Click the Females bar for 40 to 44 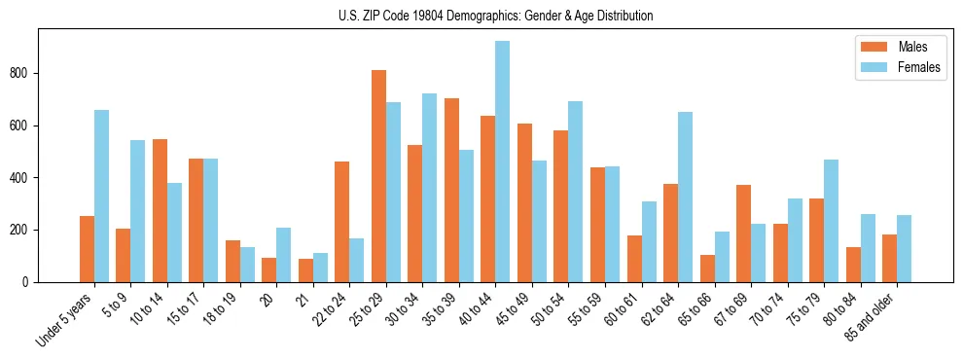click(503, 162)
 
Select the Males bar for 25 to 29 click(378, 176)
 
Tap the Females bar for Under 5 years click(101, 196)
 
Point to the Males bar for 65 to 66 click(707, 269)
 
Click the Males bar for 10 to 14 click(160, 210)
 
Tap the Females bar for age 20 click(284, 255)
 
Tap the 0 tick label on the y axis click(31, 282)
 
